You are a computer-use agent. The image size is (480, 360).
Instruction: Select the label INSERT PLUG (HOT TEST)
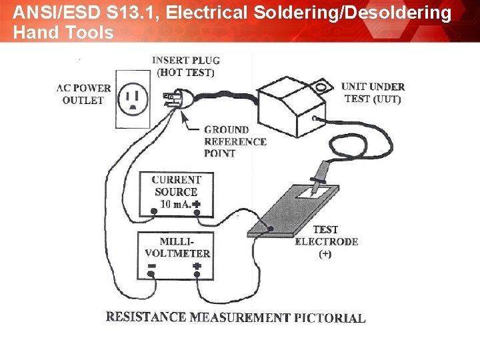click(x=186, y=66)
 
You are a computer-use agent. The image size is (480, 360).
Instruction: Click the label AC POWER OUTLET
click(x=83, y=94)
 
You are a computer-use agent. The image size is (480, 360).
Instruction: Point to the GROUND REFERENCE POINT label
click(x=235, y=141)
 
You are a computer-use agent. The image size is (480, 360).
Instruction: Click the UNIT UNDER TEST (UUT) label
click(x=373, y=93)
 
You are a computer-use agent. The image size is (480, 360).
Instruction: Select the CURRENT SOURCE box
click(x=176, y=194)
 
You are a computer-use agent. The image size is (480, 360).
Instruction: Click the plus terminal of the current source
click(x=197, y=204)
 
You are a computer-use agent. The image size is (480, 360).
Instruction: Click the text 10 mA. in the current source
click(x=175, y=204)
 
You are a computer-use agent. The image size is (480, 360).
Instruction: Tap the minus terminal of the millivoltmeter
click(x=152, y=267)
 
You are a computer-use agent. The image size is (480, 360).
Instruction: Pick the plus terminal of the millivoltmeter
click(x=197, y=267)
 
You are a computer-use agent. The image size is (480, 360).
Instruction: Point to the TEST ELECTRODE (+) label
click(x=326, y=241)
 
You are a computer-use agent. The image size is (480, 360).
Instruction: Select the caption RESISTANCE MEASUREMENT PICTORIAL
click(x=235, y=317)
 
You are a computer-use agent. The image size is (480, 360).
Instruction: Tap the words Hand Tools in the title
click(x=63, y=32)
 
